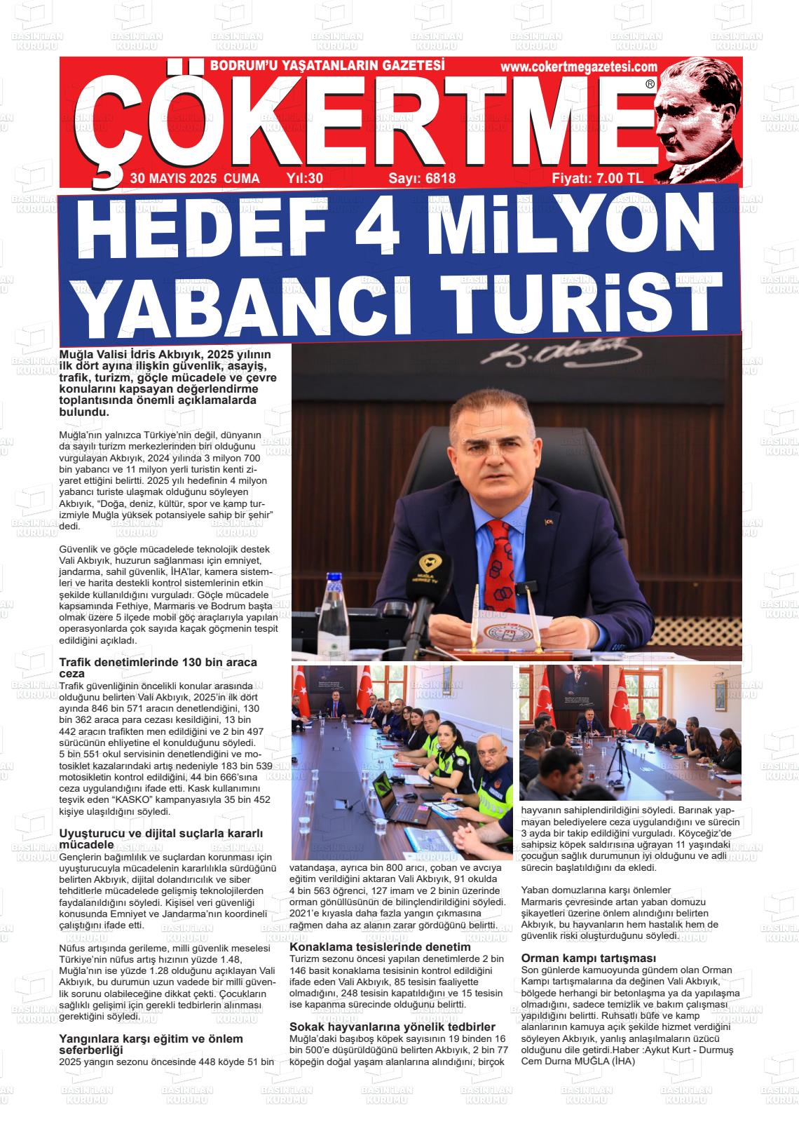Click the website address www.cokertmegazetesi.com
click(x=579, y=67)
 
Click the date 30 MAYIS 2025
click(x=173, y=178)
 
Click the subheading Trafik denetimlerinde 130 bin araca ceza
click(x=158, y=667)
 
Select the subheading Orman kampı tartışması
click(x=588, y=958)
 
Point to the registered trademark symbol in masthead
click(x=650, y=83)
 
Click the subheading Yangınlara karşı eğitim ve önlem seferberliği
click(x=151, y=1043)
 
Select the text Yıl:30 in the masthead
click(x=305, y=178)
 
